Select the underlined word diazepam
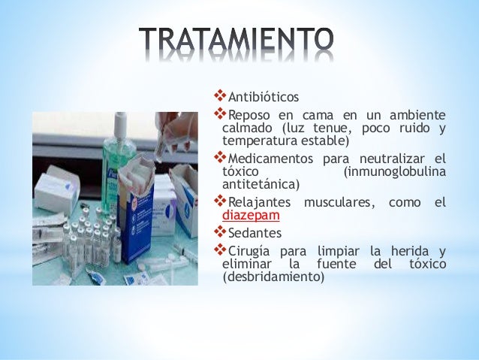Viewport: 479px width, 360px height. click(x=251, y=216)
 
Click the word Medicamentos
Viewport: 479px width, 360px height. click(x=270, y=159)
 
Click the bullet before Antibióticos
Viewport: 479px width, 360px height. click(x=220, y=96)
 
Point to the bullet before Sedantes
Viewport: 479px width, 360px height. click(x=220, y=232)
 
